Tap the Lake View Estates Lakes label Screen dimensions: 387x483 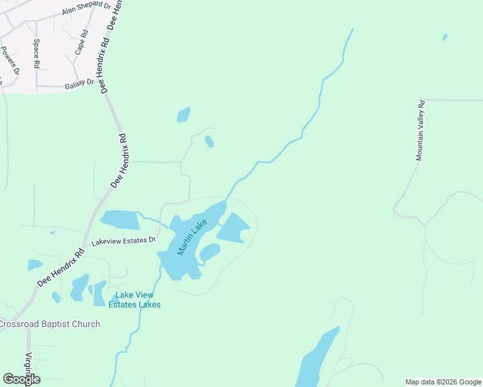click(134, 300)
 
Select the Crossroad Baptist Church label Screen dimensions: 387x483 click(49, 324)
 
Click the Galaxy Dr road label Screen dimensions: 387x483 click(79, 86)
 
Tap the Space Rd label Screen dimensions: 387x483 click(37, 54)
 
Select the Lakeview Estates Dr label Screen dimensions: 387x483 click(124, 240)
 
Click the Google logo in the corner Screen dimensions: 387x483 click(21, 379)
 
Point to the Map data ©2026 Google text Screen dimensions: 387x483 click(443, 382)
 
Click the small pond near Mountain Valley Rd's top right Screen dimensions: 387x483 click(444, 37)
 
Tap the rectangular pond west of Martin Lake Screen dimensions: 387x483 click(120, 220)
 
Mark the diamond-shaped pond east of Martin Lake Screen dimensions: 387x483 click(233, 228)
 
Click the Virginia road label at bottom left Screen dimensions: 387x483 click(28, 367)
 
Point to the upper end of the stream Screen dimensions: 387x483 click(353, 29)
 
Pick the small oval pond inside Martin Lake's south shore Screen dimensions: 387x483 click(209, 252)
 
